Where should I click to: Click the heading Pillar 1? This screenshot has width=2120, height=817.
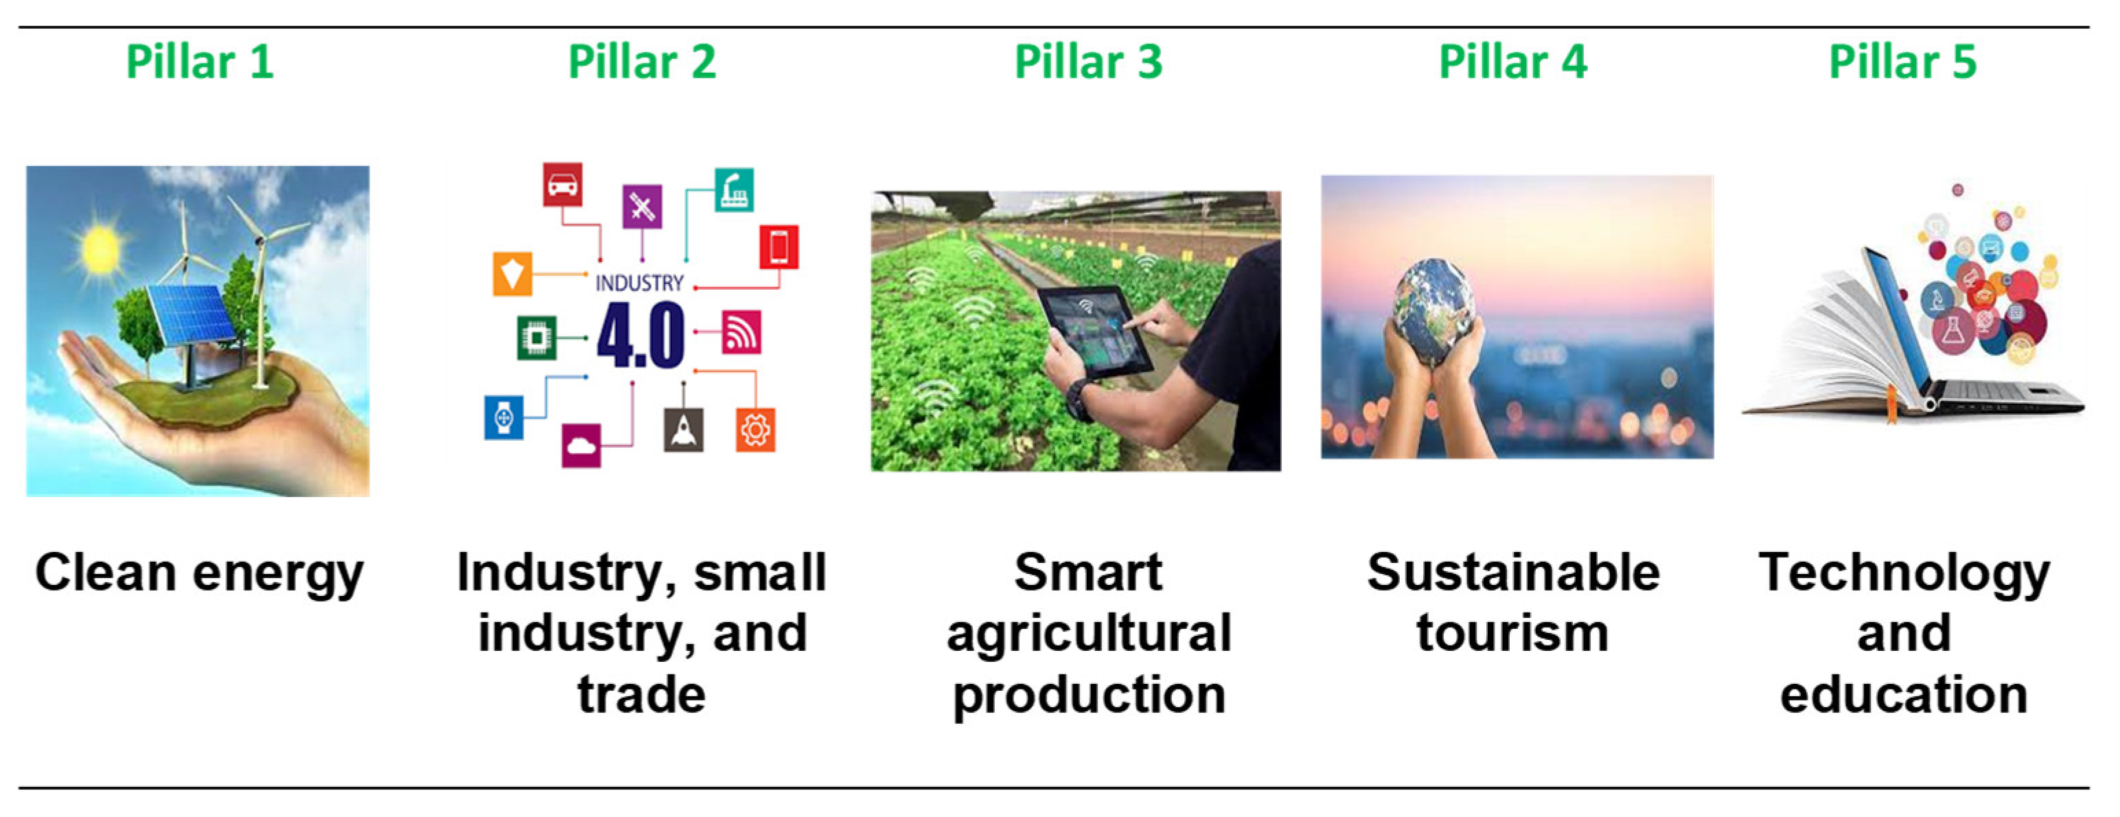(x=199, y=62)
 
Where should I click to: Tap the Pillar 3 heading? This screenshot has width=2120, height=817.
(x=1088, y=62)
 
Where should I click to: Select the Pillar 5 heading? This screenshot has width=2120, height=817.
(x=1902, y=62)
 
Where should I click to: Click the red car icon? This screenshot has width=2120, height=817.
(x=563, y=184)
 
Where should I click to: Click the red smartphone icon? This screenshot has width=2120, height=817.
(x=779, y=247)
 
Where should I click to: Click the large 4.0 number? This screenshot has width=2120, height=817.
(x=641, y=335)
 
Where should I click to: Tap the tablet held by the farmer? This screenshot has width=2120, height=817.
(x=1094, y=332)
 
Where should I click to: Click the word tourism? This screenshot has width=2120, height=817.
(x=1512, y=634)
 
